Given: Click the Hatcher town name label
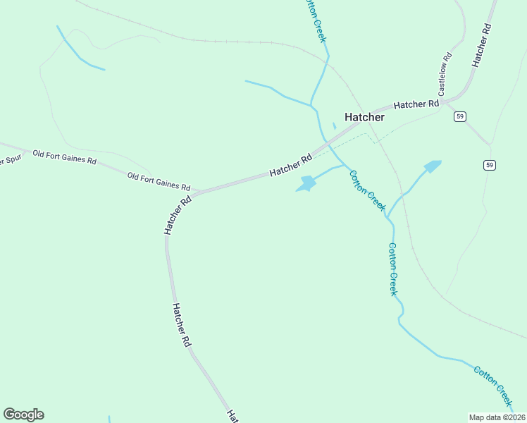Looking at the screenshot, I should tap(364, 117).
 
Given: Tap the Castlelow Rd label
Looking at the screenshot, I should tap(444, 74).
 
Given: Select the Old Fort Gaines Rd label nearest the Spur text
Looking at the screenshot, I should tap(64, 157).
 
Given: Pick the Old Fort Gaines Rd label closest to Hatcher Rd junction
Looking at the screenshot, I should tap(159, 182).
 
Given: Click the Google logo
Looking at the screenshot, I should tap(23, 415).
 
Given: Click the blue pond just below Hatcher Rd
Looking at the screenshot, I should tap(307, 184).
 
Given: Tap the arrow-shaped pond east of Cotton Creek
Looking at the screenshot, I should tap(431, 166).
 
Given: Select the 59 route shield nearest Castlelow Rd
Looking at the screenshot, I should tap(459, 116).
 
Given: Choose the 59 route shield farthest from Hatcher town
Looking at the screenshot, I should tap(490, 165).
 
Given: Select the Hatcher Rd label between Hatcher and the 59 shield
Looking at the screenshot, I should tap(416, 104).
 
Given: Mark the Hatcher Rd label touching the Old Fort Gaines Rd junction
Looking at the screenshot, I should tap(178, 215).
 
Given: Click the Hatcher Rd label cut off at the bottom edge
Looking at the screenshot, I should tap(230, 416).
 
